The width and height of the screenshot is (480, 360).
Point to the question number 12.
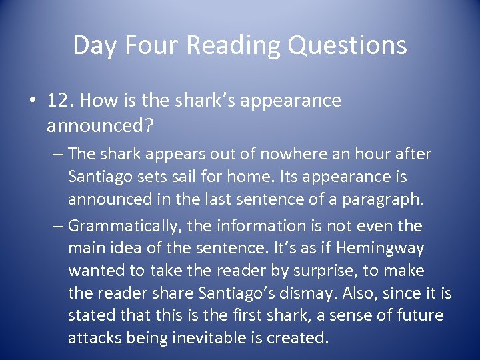58,101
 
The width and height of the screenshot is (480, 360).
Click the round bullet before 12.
31,101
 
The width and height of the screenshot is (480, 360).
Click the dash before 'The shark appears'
58,154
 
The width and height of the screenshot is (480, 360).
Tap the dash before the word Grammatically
58,227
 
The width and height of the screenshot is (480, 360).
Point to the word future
418,315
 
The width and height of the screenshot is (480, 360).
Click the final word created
297,338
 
